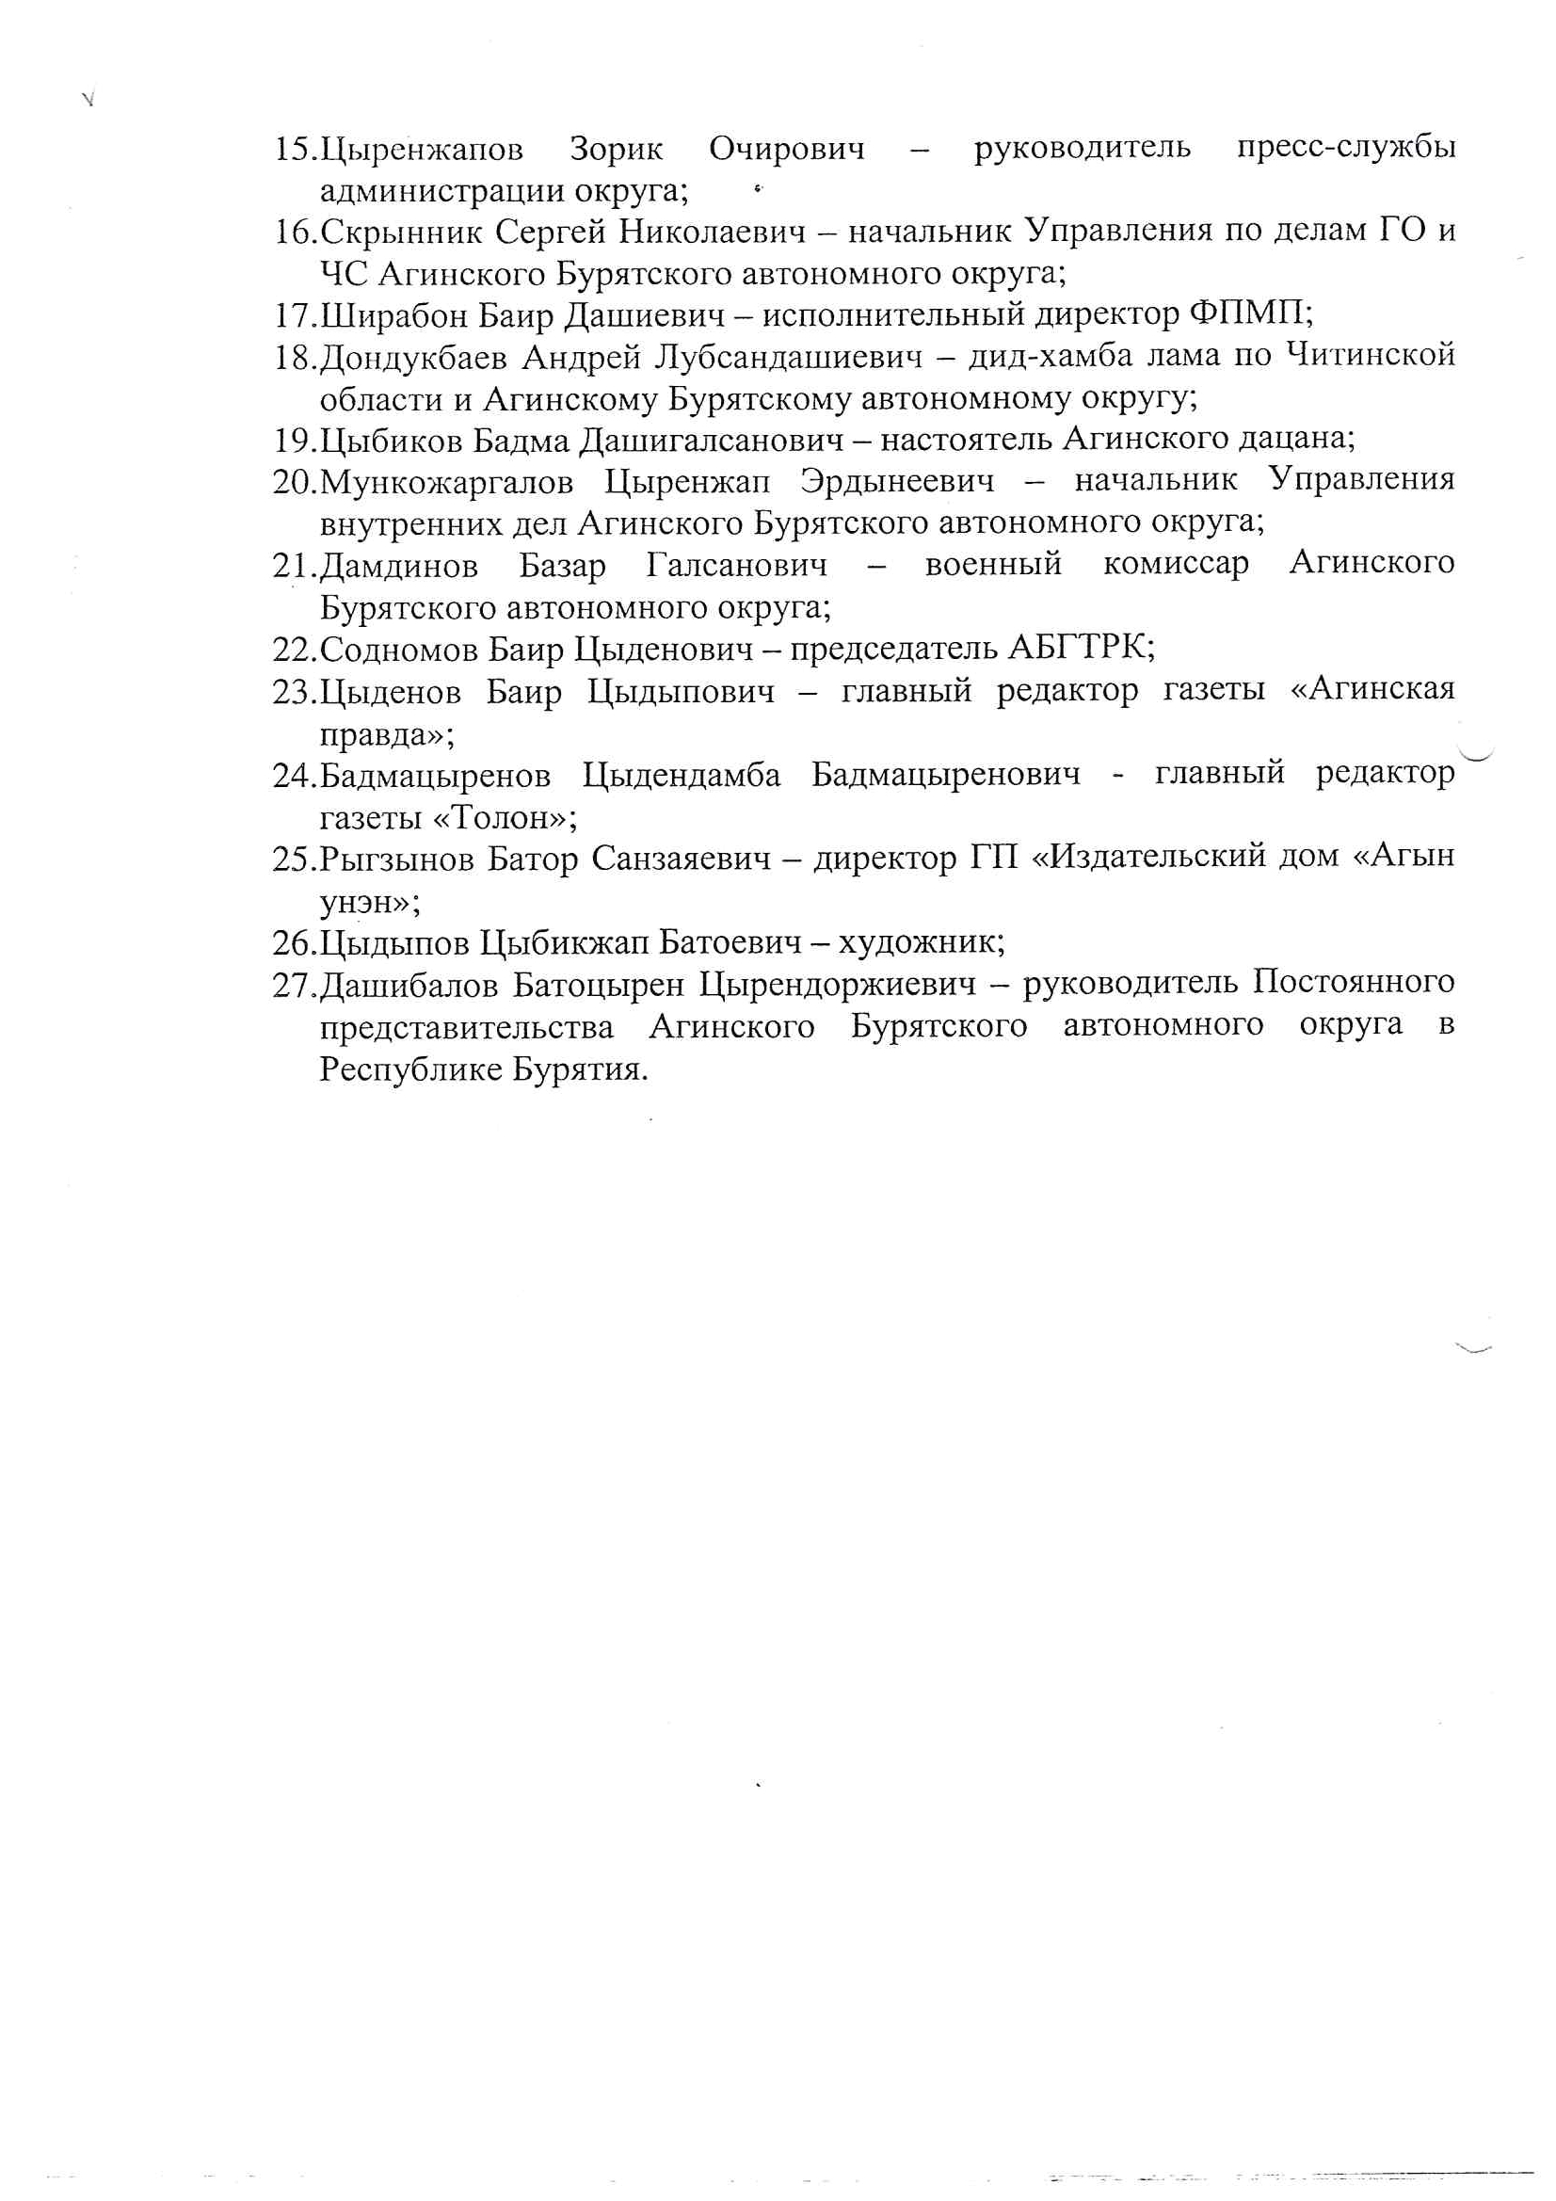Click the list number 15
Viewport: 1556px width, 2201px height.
(294, 150)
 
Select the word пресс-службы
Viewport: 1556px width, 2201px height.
(1345, 148)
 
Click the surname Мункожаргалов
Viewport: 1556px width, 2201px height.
(447, 481)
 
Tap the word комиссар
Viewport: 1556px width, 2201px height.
(1176, 564)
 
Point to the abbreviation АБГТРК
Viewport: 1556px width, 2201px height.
(1081, 648)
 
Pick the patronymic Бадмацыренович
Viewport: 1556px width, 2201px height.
(945, 775)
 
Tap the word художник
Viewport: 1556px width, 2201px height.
(921, 943)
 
